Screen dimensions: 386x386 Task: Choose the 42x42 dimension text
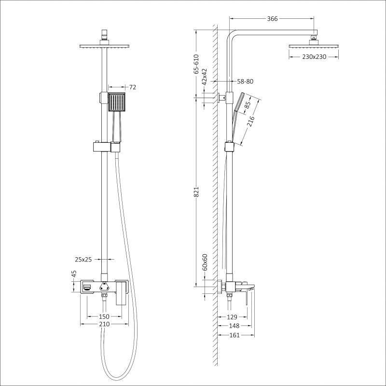tap(204, 77)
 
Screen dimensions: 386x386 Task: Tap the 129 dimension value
tap(233, 317)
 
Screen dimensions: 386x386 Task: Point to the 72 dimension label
tap(133, 87)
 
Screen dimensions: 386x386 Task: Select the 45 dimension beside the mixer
tap(74, 274)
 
